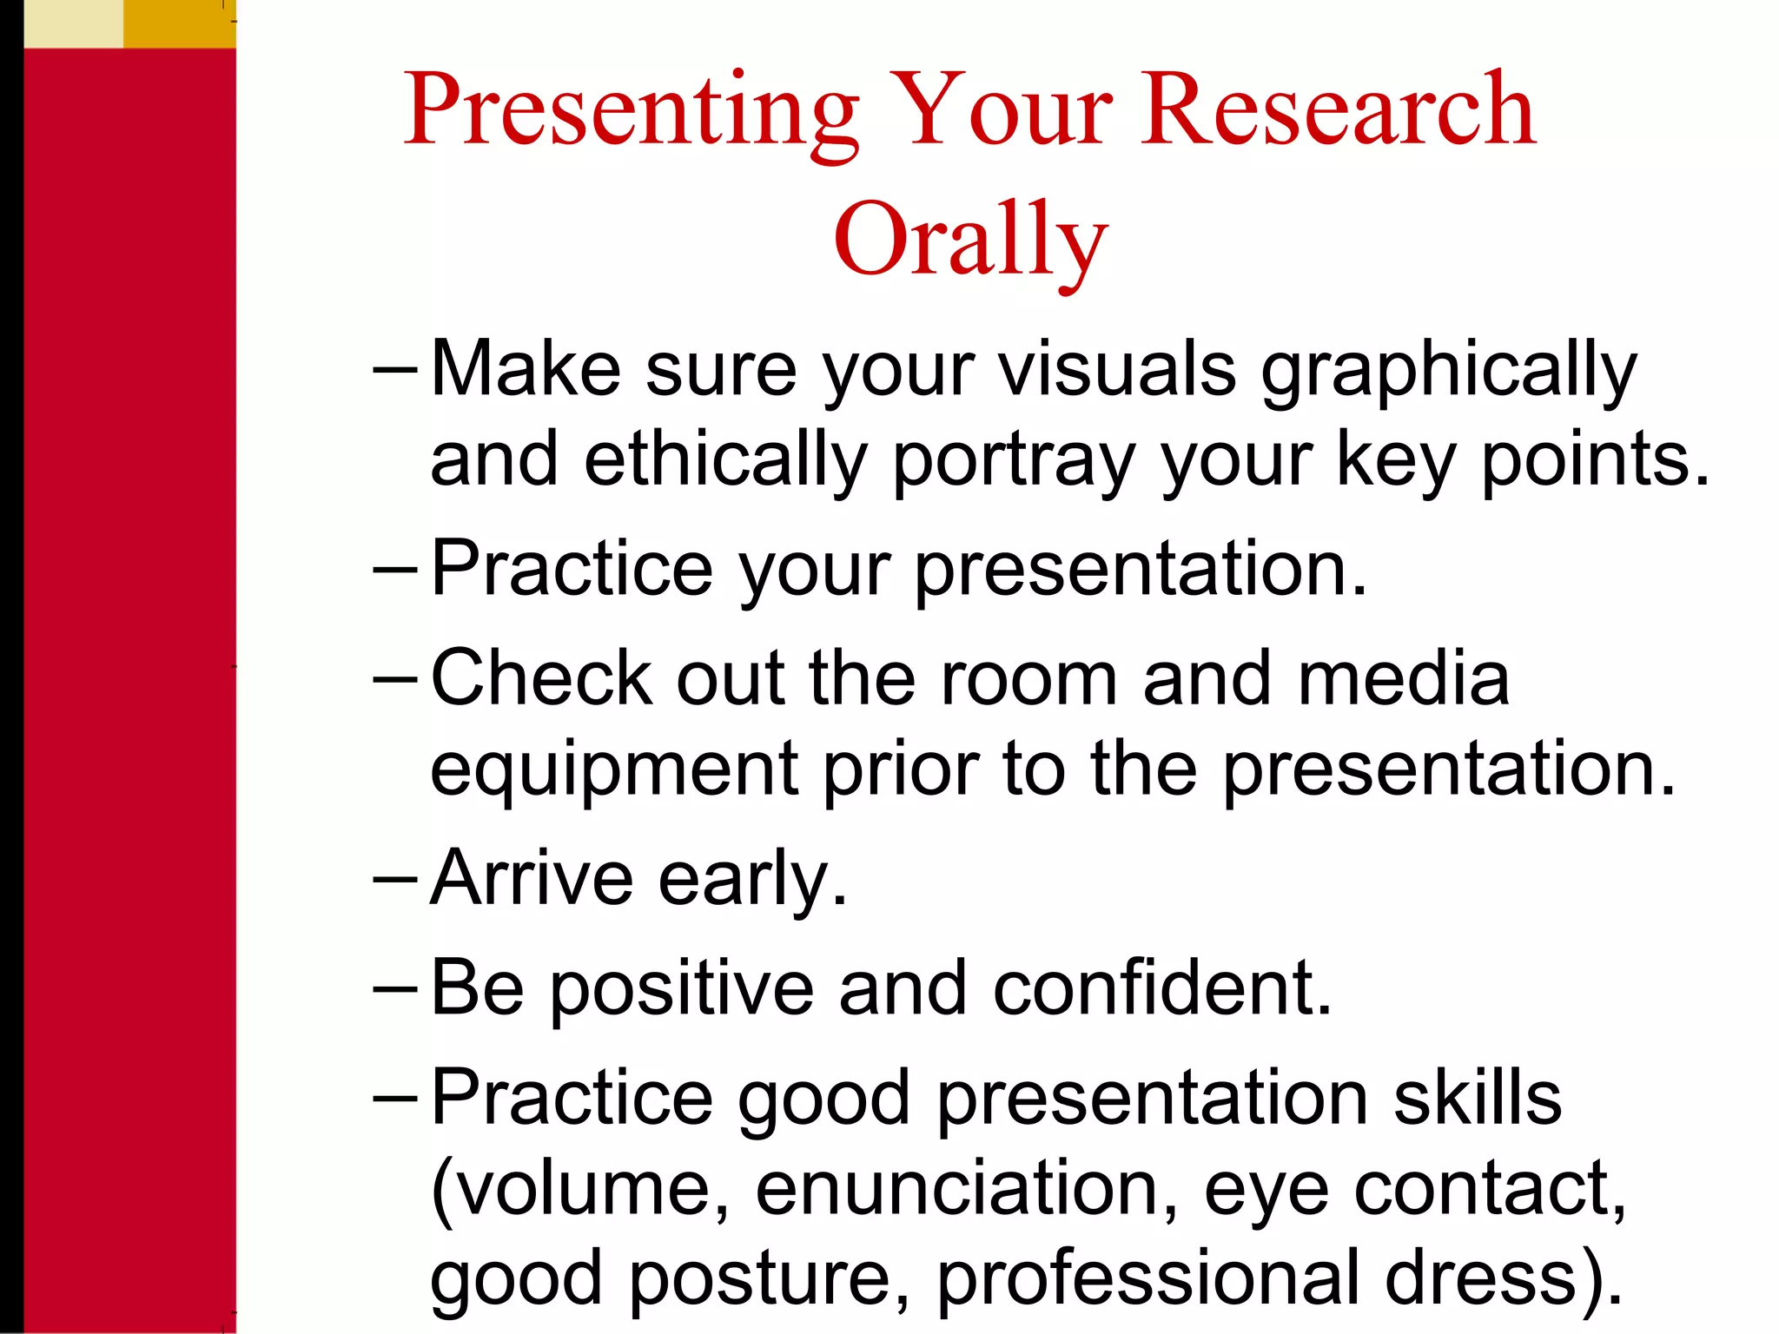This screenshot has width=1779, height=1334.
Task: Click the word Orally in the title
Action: [x=969, y=239]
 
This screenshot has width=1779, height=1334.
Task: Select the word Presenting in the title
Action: [x=632, y=111]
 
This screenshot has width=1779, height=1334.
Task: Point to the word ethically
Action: [x=725, y=461]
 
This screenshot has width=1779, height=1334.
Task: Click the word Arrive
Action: [x=532, y=878]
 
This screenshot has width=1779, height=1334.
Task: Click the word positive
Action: [x=682, y=990]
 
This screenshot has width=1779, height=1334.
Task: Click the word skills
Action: [x=1477, y=1098]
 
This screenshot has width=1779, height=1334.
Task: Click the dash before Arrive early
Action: [x=395, y=878]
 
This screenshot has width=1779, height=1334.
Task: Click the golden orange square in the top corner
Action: [x=179, y=23]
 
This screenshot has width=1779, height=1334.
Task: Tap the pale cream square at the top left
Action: [x=73, y=23]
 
